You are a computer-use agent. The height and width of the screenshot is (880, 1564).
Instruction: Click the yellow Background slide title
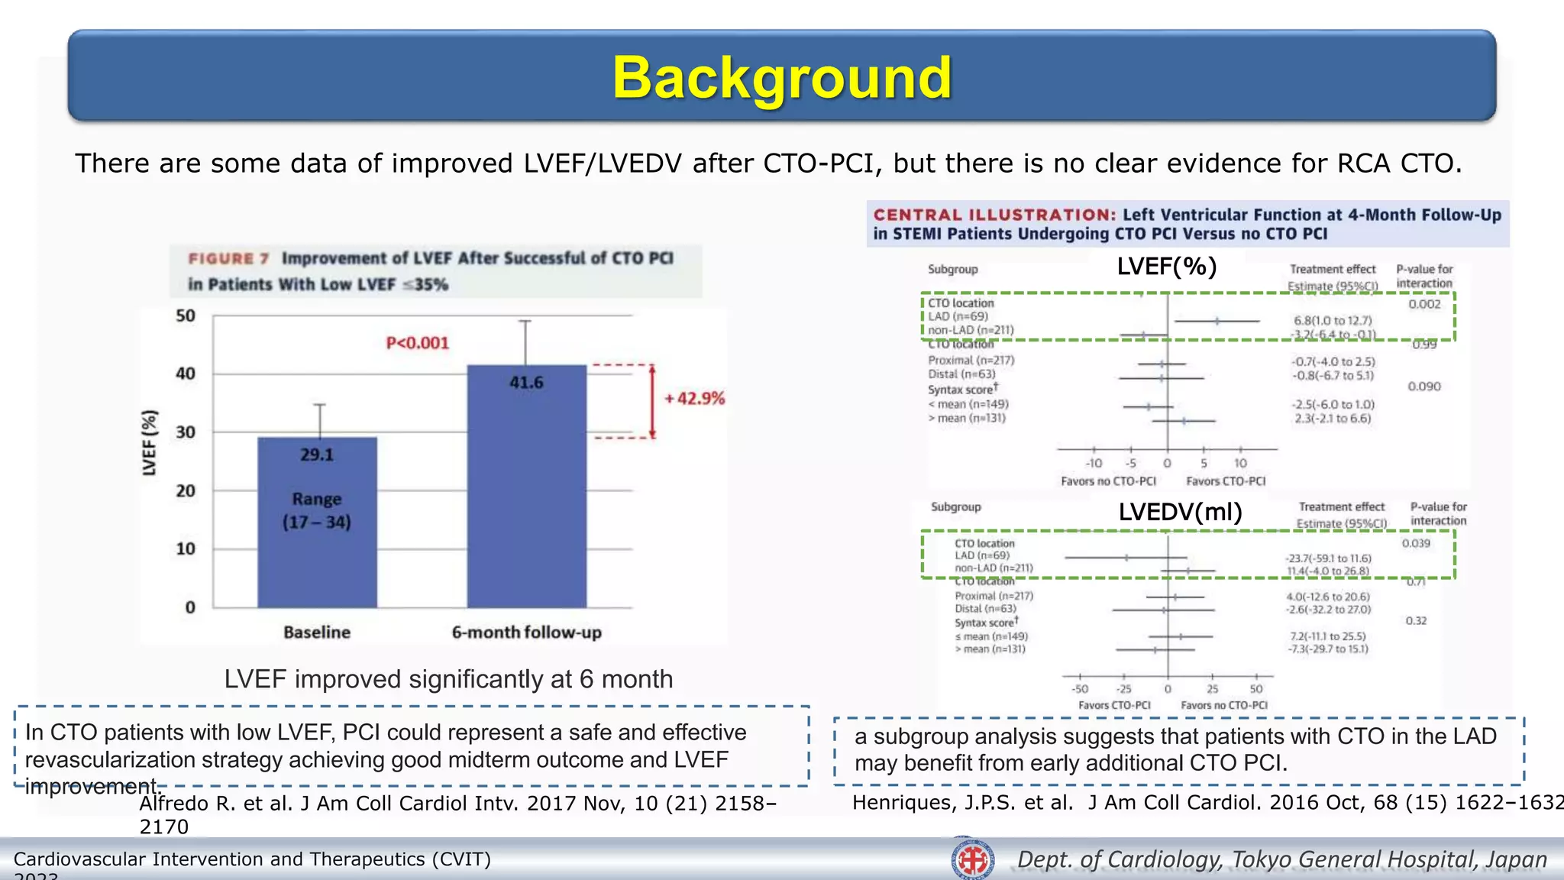click(782, 78)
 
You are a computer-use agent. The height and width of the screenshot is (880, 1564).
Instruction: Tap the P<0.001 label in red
click(417, 343)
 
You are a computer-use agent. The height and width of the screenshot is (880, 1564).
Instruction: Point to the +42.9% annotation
click(694, 399)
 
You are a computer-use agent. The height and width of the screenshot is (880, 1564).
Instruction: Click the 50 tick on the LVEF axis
click(186, 315)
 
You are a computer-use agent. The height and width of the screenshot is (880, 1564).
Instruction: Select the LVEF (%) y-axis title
click(150, 443)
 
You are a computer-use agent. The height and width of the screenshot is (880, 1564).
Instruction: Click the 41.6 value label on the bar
click(526, 382)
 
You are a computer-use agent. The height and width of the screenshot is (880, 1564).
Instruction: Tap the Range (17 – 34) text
click(317, 510)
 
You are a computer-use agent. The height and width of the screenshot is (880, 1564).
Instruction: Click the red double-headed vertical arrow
click(653, 402)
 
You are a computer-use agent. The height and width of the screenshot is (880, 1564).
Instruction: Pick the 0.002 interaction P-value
click(1424, 304)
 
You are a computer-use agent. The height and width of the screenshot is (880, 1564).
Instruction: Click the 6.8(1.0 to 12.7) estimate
click(1333, 321)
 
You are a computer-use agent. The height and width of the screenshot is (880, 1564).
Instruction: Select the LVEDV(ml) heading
click(1180, 512)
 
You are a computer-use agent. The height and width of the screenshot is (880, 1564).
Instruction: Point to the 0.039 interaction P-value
click(1416, 543)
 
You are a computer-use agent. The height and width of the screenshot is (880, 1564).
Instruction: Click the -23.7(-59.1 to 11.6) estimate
click(1328, 558)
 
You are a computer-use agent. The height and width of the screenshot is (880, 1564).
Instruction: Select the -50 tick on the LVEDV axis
click(1079, 689)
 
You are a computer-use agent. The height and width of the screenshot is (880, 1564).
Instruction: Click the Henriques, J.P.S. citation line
click(1207, 802)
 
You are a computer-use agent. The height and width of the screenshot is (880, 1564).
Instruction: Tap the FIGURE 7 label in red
click(228, 259)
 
